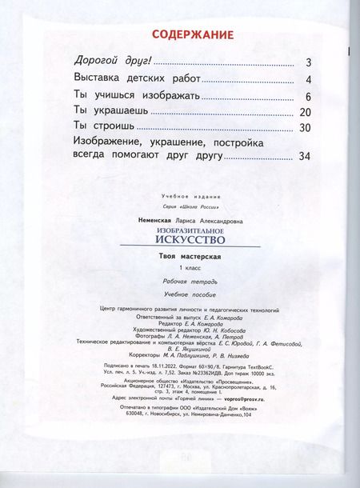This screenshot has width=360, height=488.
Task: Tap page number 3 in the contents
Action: pos(307,63)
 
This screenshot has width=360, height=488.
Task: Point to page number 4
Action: pos(307,80)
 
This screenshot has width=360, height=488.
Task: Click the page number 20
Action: pos(304,112)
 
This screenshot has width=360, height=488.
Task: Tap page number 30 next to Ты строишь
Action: pos(304,128)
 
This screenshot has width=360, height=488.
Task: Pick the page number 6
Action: pos(307,96)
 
